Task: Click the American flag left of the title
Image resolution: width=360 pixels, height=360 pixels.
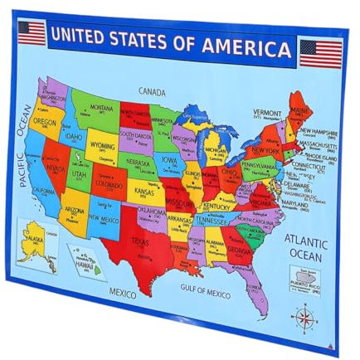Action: pos(32,33)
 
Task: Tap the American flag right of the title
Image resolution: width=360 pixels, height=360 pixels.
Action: pos(320,53)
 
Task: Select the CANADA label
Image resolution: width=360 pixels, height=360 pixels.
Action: pos(152,90)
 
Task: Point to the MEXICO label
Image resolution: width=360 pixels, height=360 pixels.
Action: pos(123,292)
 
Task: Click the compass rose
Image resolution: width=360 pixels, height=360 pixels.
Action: pos(306,316)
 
